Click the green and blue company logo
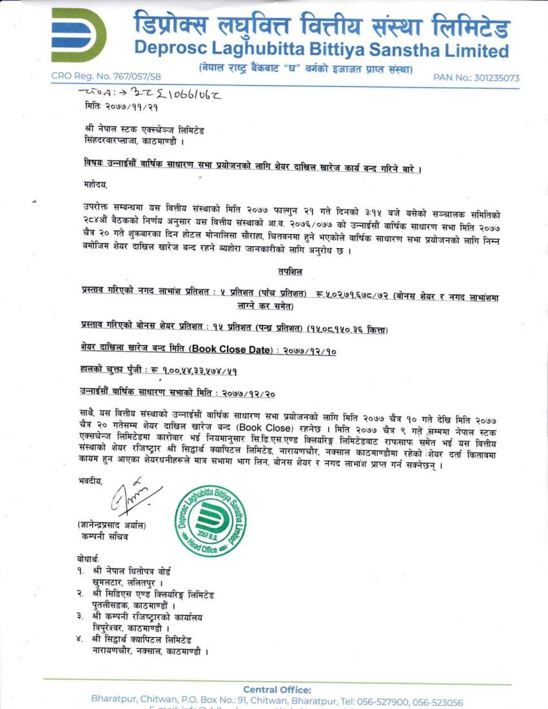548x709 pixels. tap(79, 35)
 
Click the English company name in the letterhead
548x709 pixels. tap(321, 50)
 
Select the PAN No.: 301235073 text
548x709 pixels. tap(476, 78)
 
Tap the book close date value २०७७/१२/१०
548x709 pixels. tap(306, 351)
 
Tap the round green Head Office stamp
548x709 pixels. tap(210, 521)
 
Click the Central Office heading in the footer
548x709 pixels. tap(277, 690)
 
